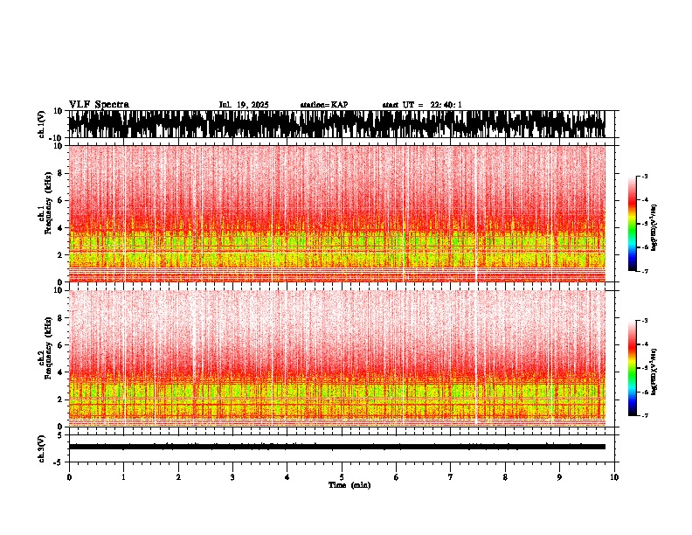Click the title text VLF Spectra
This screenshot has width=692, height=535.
99,105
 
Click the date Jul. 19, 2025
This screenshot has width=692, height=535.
244,105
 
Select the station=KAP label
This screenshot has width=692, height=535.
324,105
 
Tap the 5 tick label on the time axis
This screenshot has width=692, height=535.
342,477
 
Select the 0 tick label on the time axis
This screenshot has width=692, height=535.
69,477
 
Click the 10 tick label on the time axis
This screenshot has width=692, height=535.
614,477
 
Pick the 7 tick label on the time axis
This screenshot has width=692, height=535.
451,477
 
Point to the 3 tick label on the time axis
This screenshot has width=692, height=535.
232,477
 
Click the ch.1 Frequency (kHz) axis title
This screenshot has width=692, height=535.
46,213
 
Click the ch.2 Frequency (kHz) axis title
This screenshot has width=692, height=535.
46,357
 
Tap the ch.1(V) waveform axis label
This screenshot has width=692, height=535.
41,124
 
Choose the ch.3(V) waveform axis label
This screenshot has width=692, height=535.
41,446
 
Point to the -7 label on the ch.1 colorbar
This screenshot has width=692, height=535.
645,271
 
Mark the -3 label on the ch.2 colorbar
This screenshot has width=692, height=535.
645,322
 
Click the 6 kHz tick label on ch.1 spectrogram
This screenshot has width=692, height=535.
62,200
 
